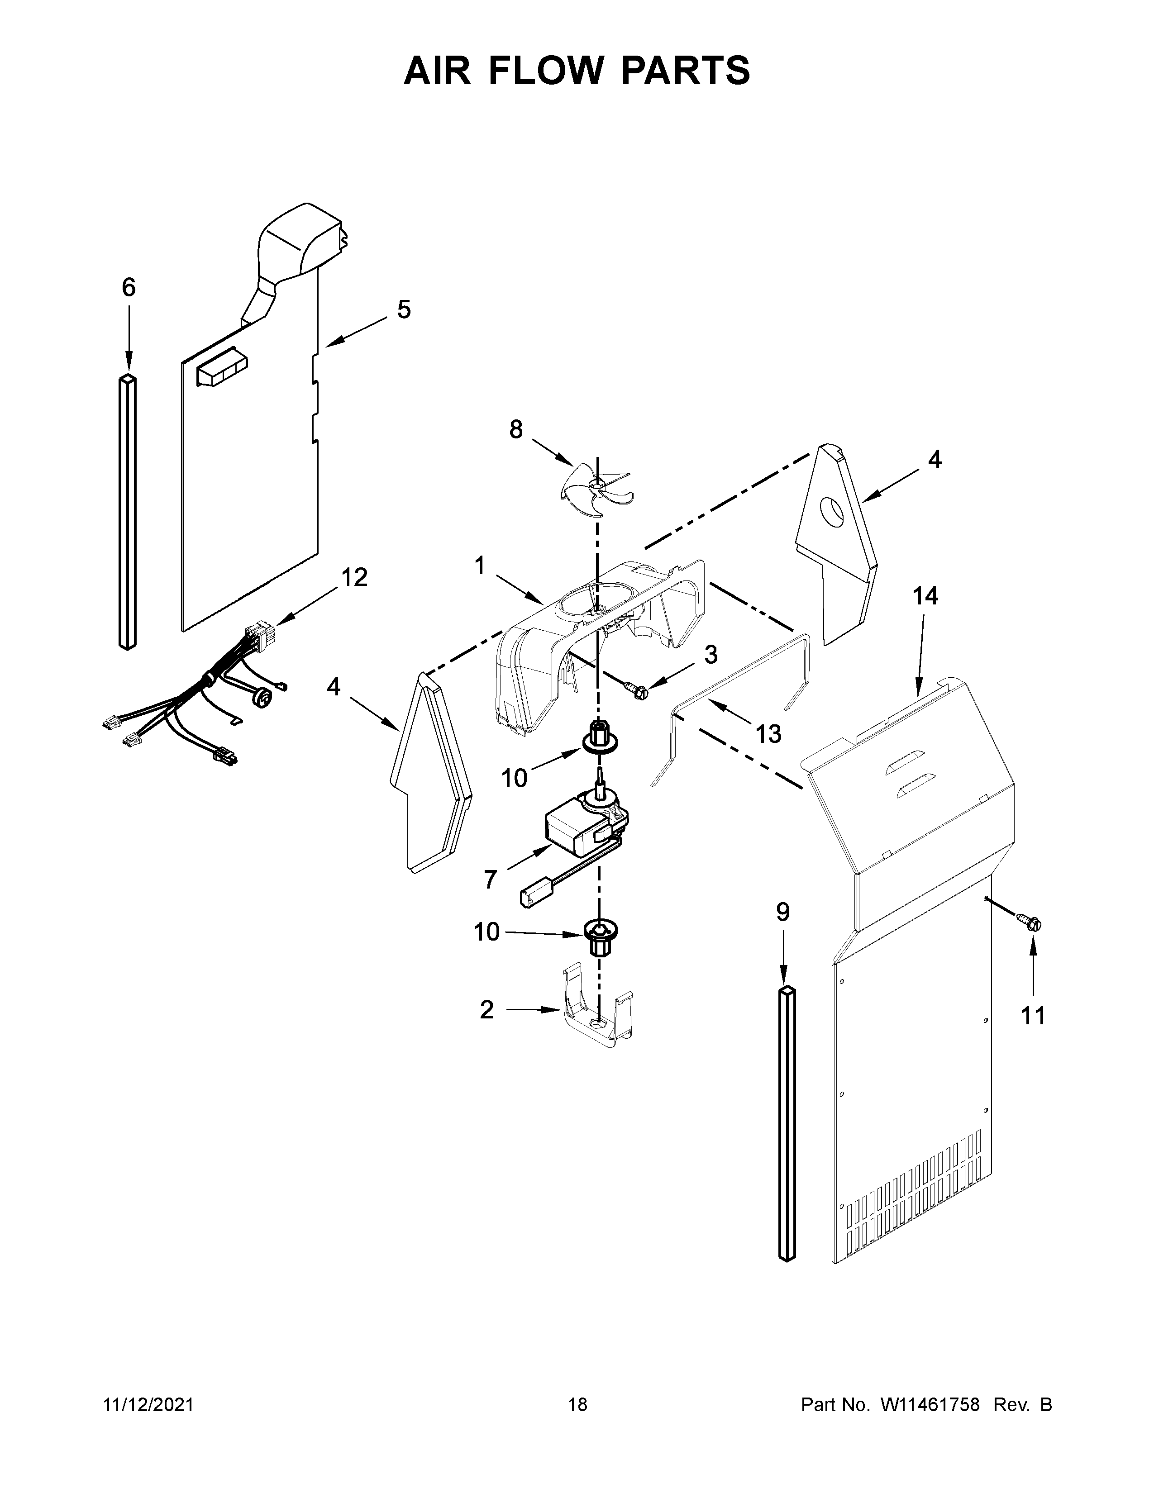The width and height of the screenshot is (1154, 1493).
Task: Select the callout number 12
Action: coord(354,578)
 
